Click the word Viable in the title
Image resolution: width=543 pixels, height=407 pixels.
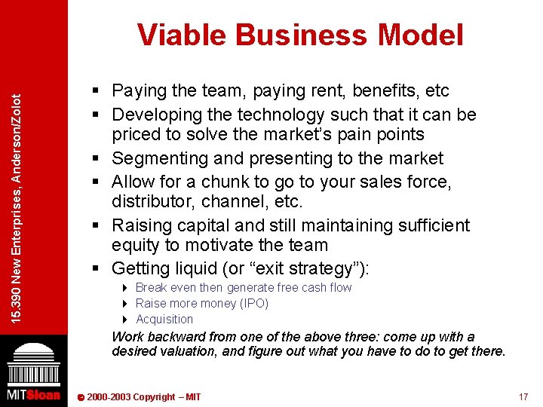click(x=182, y=35)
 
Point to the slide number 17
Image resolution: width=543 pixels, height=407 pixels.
click(x=523, y=397)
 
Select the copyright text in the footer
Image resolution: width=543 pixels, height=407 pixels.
click(x=143, y=397)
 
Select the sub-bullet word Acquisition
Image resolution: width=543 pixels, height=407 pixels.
click(x=164, y=319)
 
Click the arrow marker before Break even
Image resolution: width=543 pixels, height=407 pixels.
click(x=124, y=288)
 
